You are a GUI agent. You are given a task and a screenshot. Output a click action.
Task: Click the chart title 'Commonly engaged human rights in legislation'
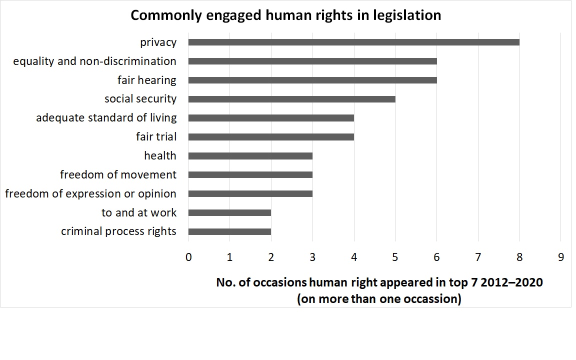(x=285, y=15)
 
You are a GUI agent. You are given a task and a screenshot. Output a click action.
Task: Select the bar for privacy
(x=353, y=42)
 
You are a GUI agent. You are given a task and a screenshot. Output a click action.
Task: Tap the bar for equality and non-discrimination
(x=312, y=61)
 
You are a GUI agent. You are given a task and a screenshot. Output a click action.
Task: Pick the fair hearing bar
(x=312, y=80)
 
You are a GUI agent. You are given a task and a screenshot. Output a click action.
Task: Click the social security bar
(x=291, y=99)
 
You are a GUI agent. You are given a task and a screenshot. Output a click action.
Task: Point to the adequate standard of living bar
(x=271, y=118)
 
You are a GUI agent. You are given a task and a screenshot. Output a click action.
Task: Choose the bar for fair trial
(x=271, y=136)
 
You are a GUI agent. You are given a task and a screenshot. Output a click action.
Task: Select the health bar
(x=250, y=155)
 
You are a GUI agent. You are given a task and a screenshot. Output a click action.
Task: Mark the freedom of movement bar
(x=250, y=174)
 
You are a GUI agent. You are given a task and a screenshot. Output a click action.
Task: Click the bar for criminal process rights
(x=229, y=231)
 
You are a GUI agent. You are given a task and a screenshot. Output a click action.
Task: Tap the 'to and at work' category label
(x=139, y=212)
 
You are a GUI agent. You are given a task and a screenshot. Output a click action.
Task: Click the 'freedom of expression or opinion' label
(x=90, y=193)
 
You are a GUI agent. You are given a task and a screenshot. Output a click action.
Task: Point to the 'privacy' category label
(x=158, y=42)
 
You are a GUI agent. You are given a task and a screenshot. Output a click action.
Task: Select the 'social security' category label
(x=140, y=99)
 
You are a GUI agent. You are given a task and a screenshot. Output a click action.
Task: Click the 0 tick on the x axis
(x=188, y=257)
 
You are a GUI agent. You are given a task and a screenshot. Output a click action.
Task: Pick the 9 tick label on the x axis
(x=560, y=257)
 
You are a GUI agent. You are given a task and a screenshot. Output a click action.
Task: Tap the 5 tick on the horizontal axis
(x=395, y=257)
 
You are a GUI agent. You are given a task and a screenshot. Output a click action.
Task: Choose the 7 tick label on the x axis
(x=478, y=257)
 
